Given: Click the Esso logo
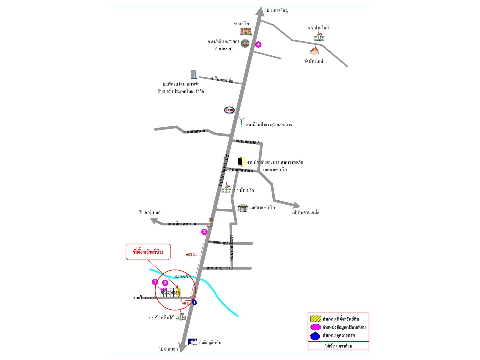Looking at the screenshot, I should click(x=229, y=110).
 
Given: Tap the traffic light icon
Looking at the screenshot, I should click(x=211, y=222).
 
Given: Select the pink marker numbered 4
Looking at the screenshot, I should click(x=258, y=44).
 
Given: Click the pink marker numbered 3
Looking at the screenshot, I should click(x=204, y=232).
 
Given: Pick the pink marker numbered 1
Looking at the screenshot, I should click(x=155, y=282).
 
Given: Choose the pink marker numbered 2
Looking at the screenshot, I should click(x=165, y=283).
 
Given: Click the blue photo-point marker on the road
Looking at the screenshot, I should click(x=194, y=302).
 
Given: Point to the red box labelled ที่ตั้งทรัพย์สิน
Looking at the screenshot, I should click(x=148, y=252).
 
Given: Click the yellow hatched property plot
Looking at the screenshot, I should click(x=179, y=292).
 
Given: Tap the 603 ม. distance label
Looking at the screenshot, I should click(x=191, y=255).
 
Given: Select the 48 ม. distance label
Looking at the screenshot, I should click(x=185, y=303).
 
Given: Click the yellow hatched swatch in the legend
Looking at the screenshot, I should click(x=315, y=319).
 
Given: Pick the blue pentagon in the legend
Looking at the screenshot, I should click(x=315, y=336).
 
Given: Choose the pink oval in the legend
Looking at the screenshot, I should click(x=315, y=327).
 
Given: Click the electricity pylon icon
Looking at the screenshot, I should click(x=241, y=122).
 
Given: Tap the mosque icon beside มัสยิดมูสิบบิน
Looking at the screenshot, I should click(x=192, y=342).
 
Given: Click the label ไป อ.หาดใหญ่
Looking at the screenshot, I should click(x=277, y=10).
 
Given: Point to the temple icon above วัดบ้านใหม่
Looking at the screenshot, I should click(x=314, y=51).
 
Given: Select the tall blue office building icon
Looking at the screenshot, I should click(x=193, y=74).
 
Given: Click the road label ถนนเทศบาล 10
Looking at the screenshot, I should click(x=220, y=268).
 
